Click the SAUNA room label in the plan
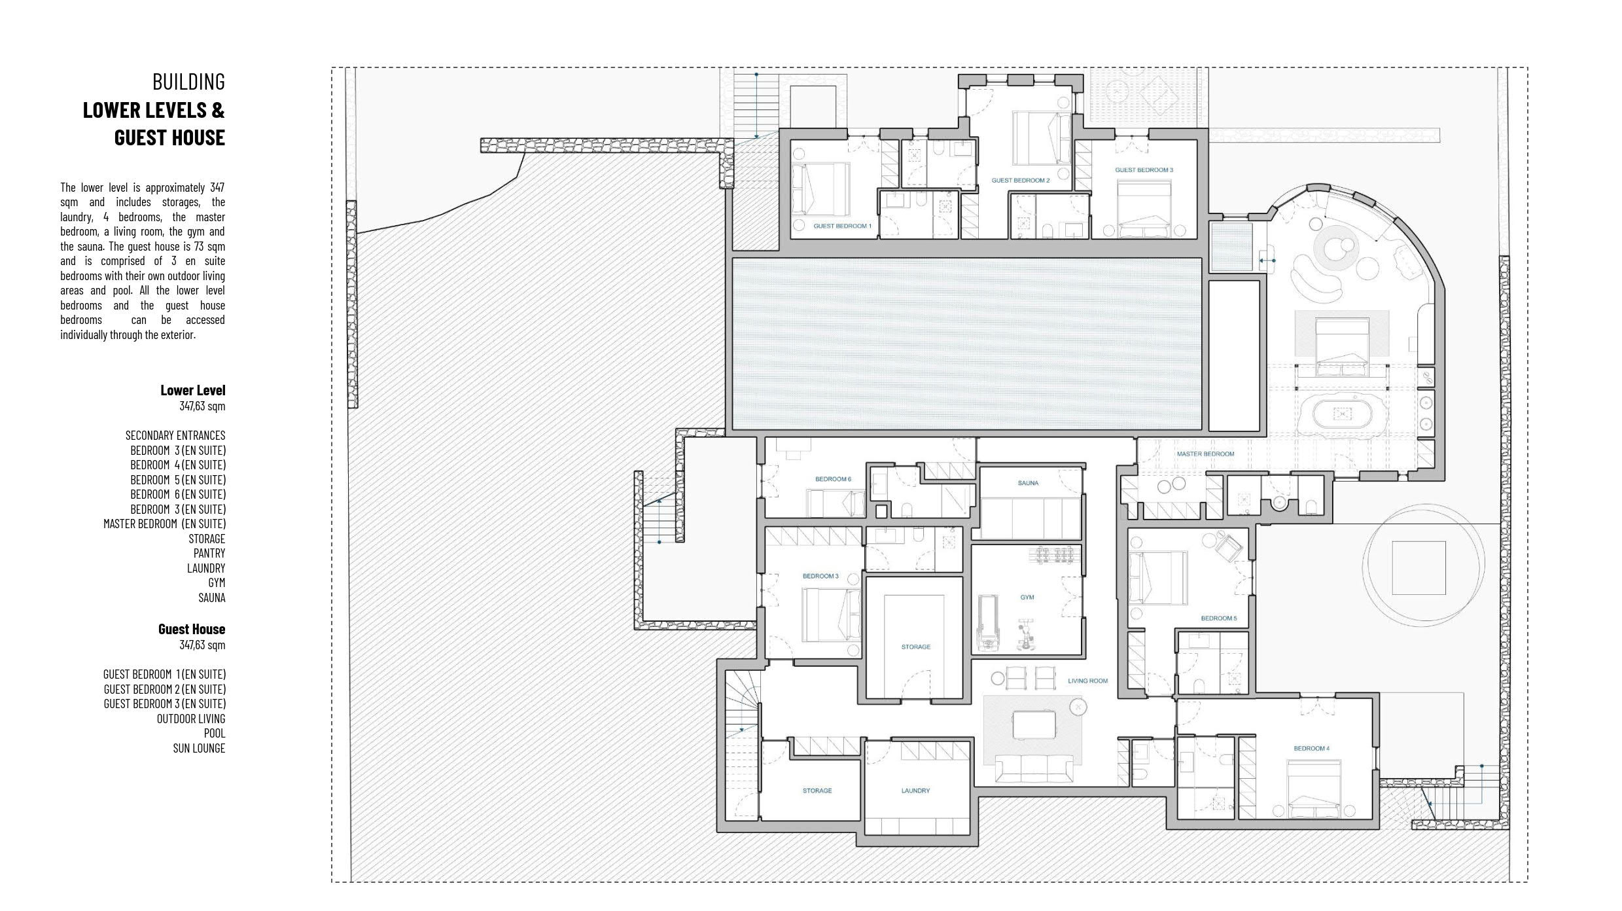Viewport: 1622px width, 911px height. click(1028, 483)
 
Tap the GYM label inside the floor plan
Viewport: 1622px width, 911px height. click(1027, 597)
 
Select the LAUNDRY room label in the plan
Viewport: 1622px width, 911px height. click(915, 791)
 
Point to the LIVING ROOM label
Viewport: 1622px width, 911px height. click(1088, 681)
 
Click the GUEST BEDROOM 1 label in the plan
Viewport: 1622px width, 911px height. click(843, 226)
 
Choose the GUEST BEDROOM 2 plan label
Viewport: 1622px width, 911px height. click(1021, 180)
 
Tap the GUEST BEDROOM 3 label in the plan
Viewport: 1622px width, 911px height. click(1144, 170)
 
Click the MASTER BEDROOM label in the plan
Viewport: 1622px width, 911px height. click(1205, 454)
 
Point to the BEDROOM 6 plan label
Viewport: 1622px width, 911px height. click(834, 479)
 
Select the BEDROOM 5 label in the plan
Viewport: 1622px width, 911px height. click(1219, 618)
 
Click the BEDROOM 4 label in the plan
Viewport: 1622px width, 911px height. click(1311, 748)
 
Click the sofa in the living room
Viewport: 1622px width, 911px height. click(1034, 768)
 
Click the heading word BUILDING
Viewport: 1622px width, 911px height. click(188, 82)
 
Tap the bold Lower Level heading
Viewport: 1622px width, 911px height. click(193, 390)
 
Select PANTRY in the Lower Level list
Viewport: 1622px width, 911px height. click(209, 553)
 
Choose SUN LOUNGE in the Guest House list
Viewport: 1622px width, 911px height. click(199, 748)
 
